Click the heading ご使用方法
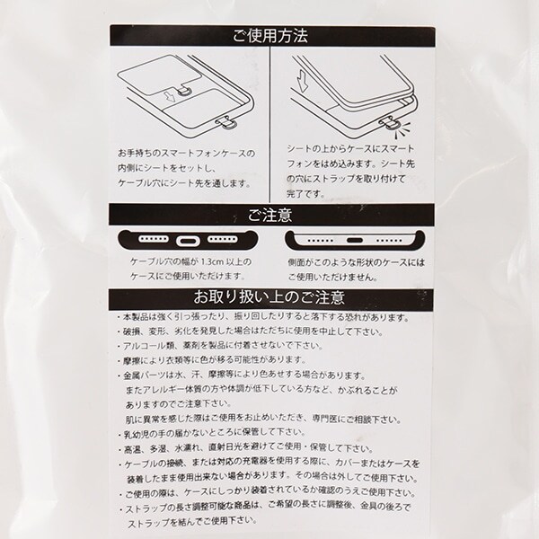point(270,36)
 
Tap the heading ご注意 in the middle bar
point(270,215)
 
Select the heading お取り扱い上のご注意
point(269,297)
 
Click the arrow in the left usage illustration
point(169,96)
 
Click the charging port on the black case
point(188,241)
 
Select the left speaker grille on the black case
point(154,239)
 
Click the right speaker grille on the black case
point(223,239)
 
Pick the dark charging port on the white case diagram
point(355,240)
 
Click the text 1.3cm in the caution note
point(212,262)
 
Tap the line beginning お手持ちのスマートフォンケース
point(187,154)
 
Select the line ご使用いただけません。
point(333,277)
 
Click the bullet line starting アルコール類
point(220,346)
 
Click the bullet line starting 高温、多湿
point(245,448)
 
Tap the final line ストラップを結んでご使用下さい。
point(192,523)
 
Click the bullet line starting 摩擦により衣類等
point(211,360)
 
